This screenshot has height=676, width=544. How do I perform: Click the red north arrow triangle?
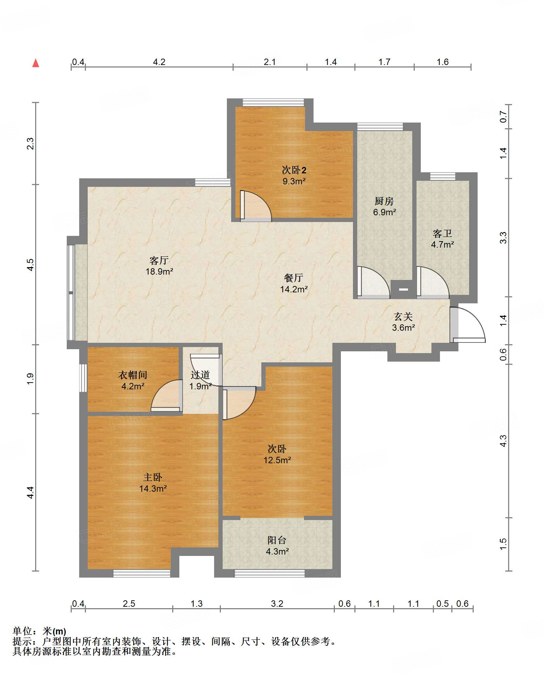pos(36,63)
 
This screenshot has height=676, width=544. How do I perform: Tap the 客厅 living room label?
pos(159,260)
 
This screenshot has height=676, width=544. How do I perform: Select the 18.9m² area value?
pos(159,272)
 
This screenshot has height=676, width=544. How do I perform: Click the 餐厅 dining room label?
pos(294,278)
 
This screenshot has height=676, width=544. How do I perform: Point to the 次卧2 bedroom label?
pos(294,170)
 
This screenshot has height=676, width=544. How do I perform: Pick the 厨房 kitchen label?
pos(384,201)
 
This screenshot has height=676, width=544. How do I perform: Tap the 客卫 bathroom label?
pos(442,233)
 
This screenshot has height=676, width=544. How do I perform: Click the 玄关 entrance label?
pos(403,316)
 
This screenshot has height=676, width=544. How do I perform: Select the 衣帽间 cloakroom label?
pos(132,375)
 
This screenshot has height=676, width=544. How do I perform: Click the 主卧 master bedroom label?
pos(153,477)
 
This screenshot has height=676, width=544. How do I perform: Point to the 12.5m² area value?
pos(277,460)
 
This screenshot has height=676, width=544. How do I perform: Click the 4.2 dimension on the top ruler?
pos(159,62)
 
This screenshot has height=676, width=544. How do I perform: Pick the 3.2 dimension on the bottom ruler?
pos(277,604)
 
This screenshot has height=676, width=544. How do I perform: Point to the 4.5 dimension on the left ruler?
pos(31,265)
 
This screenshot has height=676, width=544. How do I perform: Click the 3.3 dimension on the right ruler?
pos(504,237)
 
